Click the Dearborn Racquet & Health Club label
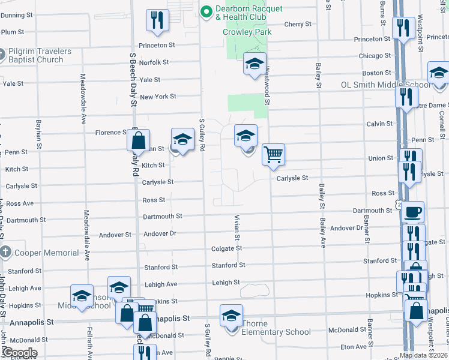(249, 13)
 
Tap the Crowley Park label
(247, 32)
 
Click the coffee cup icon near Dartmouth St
(412, 212)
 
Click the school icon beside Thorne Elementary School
(232, 315)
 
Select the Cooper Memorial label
(47, 253)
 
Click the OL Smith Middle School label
(385, 85)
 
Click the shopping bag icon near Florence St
(138, 140)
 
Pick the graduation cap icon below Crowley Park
(255, 63)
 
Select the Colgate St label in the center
(226, 248)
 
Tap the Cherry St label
(298, 25)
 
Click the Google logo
(19, 353)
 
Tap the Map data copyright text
(423, 355)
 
